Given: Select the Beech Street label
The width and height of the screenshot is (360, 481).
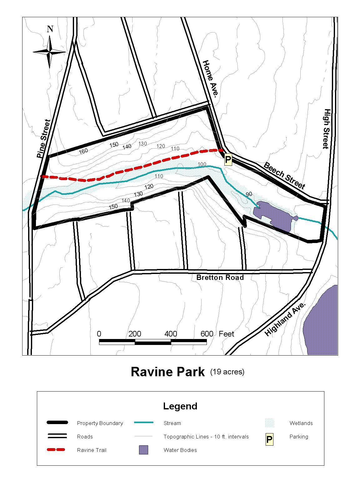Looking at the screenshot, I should pyautogui.click(x=284, y=175).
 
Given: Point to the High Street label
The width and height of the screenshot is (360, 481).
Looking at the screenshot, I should pyautogui.click(x=327, y=129).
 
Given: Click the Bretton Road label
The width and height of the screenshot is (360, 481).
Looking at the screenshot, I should pyautogui.click(x=220, y=277).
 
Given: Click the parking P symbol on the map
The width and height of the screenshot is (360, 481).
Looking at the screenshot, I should pyautogui.click(x=228, y=160).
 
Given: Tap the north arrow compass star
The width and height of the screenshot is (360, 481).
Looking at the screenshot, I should pyautogui.click(x=49, y=52).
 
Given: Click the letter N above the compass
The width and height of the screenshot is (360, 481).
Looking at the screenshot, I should pyautogui.click(x=50, y=29).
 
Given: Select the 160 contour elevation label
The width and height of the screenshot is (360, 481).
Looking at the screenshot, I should pyautogui.click(x=83, y=151).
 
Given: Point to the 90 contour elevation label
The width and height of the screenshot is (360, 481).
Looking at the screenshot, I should pyautogui.click(x=249, y=194).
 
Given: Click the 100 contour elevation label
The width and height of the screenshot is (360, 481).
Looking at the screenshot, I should pyautogui.click(x=202, y=164).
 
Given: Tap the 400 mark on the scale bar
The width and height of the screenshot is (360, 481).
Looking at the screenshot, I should pyautogui.click(x=171, y=334).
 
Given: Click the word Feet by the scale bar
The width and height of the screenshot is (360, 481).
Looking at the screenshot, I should pyautogui.click(x=226, y=334).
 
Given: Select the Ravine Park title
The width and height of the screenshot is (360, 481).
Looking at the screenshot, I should pyautogui.click(x=167, y=372).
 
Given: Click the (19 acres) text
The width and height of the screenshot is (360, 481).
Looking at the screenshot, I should pyautogui.click(x=227, y=372).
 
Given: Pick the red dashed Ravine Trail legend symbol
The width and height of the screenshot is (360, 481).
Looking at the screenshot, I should pyautogui.click(x=56, y=450).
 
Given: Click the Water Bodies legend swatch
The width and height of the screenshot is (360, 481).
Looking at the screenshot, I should pyautogui.click(x=143, y=450).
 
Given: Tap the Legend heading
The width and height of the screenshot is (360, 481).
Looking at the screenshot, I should pyautogui.click(x=180, y=406).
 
